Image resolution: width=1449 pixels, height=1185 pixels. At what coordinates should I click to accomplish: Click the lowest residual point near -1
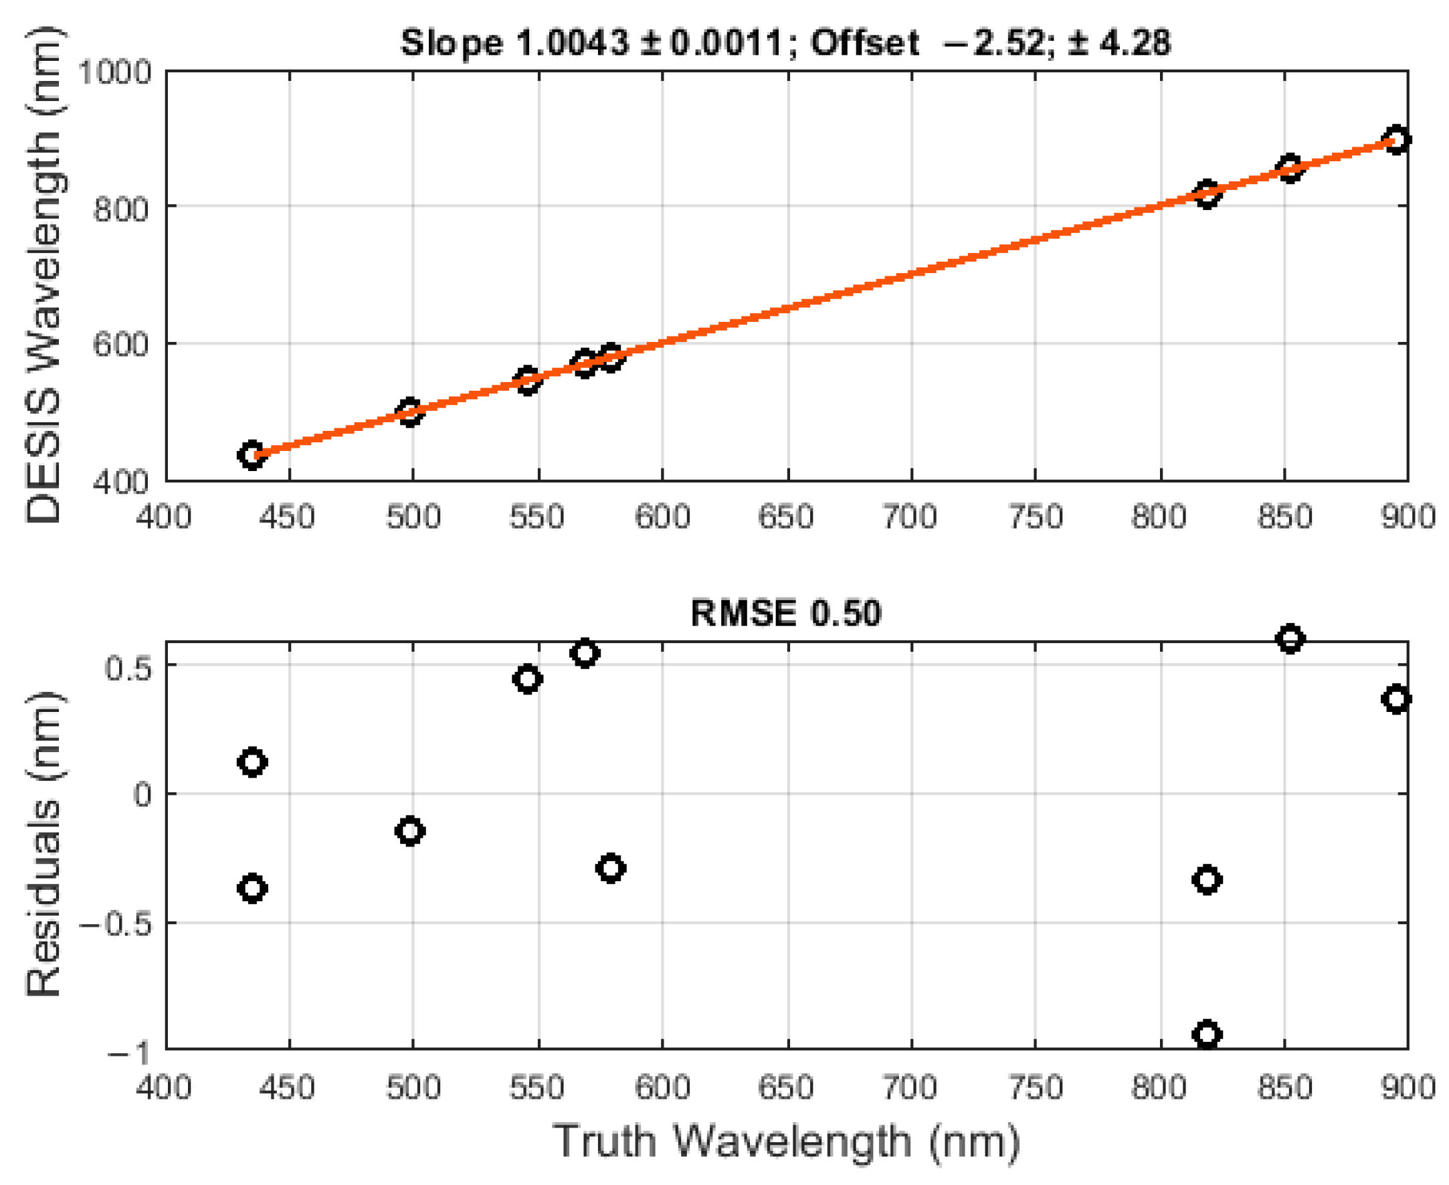(1207, 1035)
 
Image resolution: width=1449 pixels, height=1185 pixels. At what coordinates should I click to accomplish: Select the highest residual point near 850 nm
(1289, 639)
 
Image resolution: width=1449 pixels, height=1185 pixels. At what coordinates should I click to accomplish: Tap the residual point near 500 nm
(409, 831)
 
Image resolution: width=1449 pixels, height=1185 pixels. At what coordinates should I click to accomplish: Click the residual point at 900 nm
(1395, 699)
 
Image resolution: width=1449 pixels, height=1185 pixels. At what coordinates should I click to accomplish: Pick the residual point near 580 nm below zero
(610, 869)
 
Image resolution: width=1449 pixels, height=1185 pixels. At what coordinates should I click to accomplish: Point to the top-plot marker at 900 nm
(1395, 140)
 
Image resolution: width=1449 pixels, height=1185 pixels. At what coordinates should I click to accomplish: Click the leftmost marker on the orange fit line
(252, 454)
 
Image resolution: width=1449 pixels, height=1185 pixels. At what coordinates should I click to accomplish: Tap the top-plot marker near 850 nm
(1289, 168)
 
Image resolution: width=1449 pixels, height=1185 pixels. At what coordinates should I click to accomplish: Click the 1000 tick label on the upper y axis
(114, 72)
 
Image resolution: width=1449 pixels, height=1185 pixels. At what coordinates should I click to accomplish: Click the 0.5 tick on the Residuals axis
(128, 668)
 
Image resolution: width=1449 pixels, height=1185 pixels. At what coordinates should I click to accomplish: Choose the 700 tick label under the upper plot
(910, 517)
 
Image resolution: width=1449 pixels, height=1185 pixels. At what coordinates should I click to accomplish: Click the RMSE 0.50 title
(785, 612)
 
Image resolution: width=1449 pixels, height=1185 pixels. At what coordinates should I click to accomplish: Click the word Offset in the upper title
(865, 43)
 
